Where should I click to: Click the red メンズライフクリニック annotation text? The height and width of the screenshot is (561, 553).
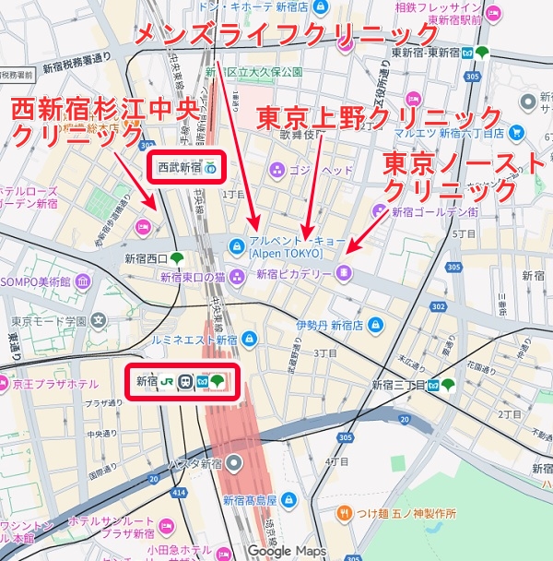pyautogui.click(x=287, y=35)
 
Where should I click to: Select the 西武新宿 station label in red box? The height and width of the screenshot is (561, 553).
pyautogui.click(x=179, y=168)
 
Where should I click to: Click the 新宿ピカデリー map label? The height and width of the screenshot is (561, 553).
pyautogui.click(x=294, y=273)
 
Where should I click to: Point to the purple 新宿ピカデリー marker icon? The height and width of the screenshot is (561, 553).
pyautogui.click(x=343, y=271)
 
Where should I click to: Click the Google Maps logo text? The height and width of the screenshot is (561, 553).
pyautogui.click(x=286, y=551)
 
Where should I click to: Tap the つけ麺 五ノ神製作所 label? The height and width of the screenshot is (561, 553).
pyautogui.click(x=407, y=512)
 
